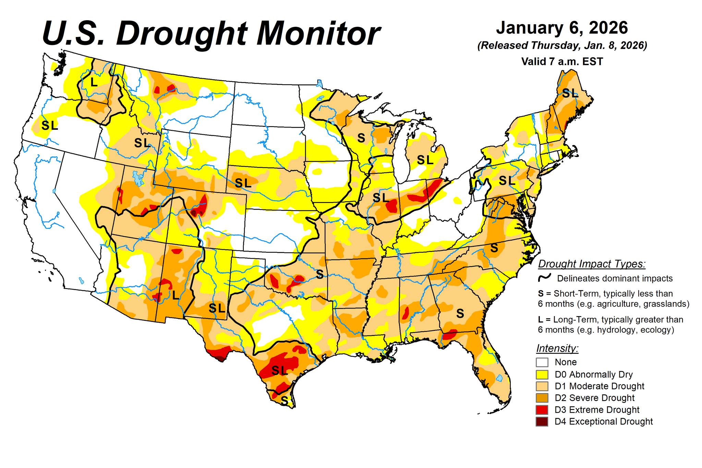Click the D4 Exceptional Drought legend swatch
click(542, 421)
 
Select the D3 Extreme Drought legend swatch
click(542, 410)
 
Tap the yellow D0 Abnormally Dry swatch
click(542, 374)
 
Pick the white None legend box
click(542, 362)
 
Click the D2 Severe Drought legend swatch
click(542, 398)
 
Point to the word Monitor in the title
click(318, 34)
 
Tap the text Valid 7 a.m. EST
click(562, 62)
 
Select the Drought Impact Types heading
click(592, 264)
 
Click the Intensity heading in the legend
click(557, 348)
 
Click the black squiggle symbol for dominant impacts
click(544, 278)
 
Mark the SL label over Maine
click(570, 93)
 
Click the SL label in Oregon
click(50, 125)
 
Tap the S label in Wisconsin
click(361, 138)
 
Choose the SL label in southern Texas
click(279, 370)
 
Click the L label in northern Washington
click(94, 82)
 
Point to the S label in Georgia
click(460, 313)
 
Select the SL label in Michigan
click(425, 160)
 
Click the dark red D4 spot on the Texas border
click(220, 359)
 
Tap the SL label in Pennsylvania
click(507, 180)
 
